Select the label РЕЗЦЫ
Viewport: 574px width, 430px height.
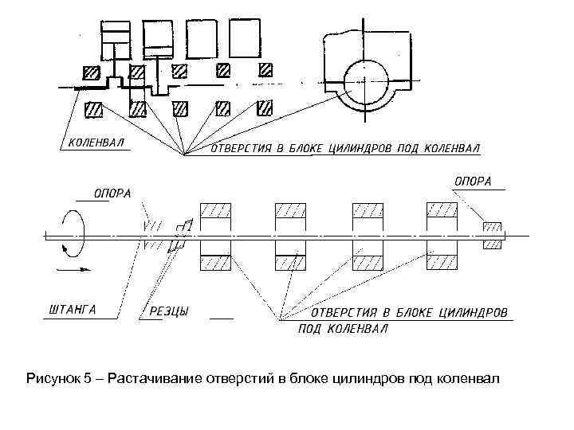coord(169,311)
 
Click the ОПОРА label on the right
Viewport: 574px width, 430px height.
coord(474,181)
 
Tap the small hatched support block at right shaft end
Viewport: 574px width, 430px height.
coord(492,235)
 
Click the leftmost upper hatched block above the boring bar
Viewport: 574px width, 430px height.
coord(215,211)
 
